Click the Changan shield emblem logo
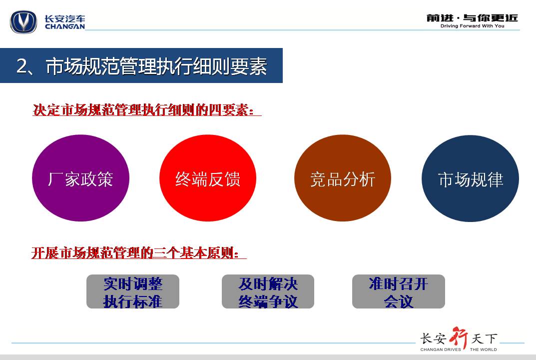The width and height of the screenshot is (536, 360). pos(23,22)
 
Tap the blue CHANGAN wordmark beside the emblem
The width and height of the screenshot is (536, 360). pos(65,26)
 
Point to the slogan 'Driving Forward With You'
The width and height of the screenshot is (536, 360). pos(472,26)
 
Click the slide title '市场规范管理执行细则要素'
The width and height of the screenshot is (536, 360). pos(156,66)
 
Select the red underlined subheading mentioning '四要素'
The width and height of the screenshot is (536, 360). pos(147,110)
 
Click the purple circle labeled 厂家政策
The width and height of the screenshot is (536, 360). pos(80,178)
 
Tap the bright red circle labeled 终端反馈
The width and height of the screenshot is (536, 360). pos(208,178)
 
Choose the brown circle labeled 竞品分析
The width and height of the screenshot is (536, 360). pos(343,178)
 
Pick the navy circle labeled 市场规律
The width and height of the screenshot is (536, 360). pos(471,178)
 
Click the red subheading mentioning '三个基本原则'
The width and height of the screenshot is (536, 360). pos(139,253)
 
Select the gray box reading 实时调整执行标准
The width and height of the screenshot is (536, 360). pos(133,291)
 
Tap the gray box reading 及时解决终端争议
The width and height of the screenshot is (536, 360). pos(268,291)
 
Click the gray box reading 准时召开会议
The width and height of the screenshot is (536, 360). pos(399,291)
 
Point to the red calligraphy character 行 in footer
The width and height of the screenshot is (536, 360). pos(459,337)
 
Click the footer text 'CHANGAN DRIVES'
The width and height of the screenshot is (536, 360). pos(441,349)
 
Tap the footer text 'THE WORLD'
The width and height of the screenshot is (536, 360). pos(484,349)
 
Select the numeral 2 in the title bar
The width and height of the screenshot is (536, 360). pos(21,66)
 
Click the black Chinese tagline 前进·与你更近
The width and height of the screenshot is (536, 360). pos(473,18)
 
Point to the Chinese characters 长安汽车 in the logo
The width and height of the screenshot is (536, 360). pos(65,18)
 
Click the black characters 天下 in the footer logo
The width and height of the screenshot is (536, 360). pos(485,339)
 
